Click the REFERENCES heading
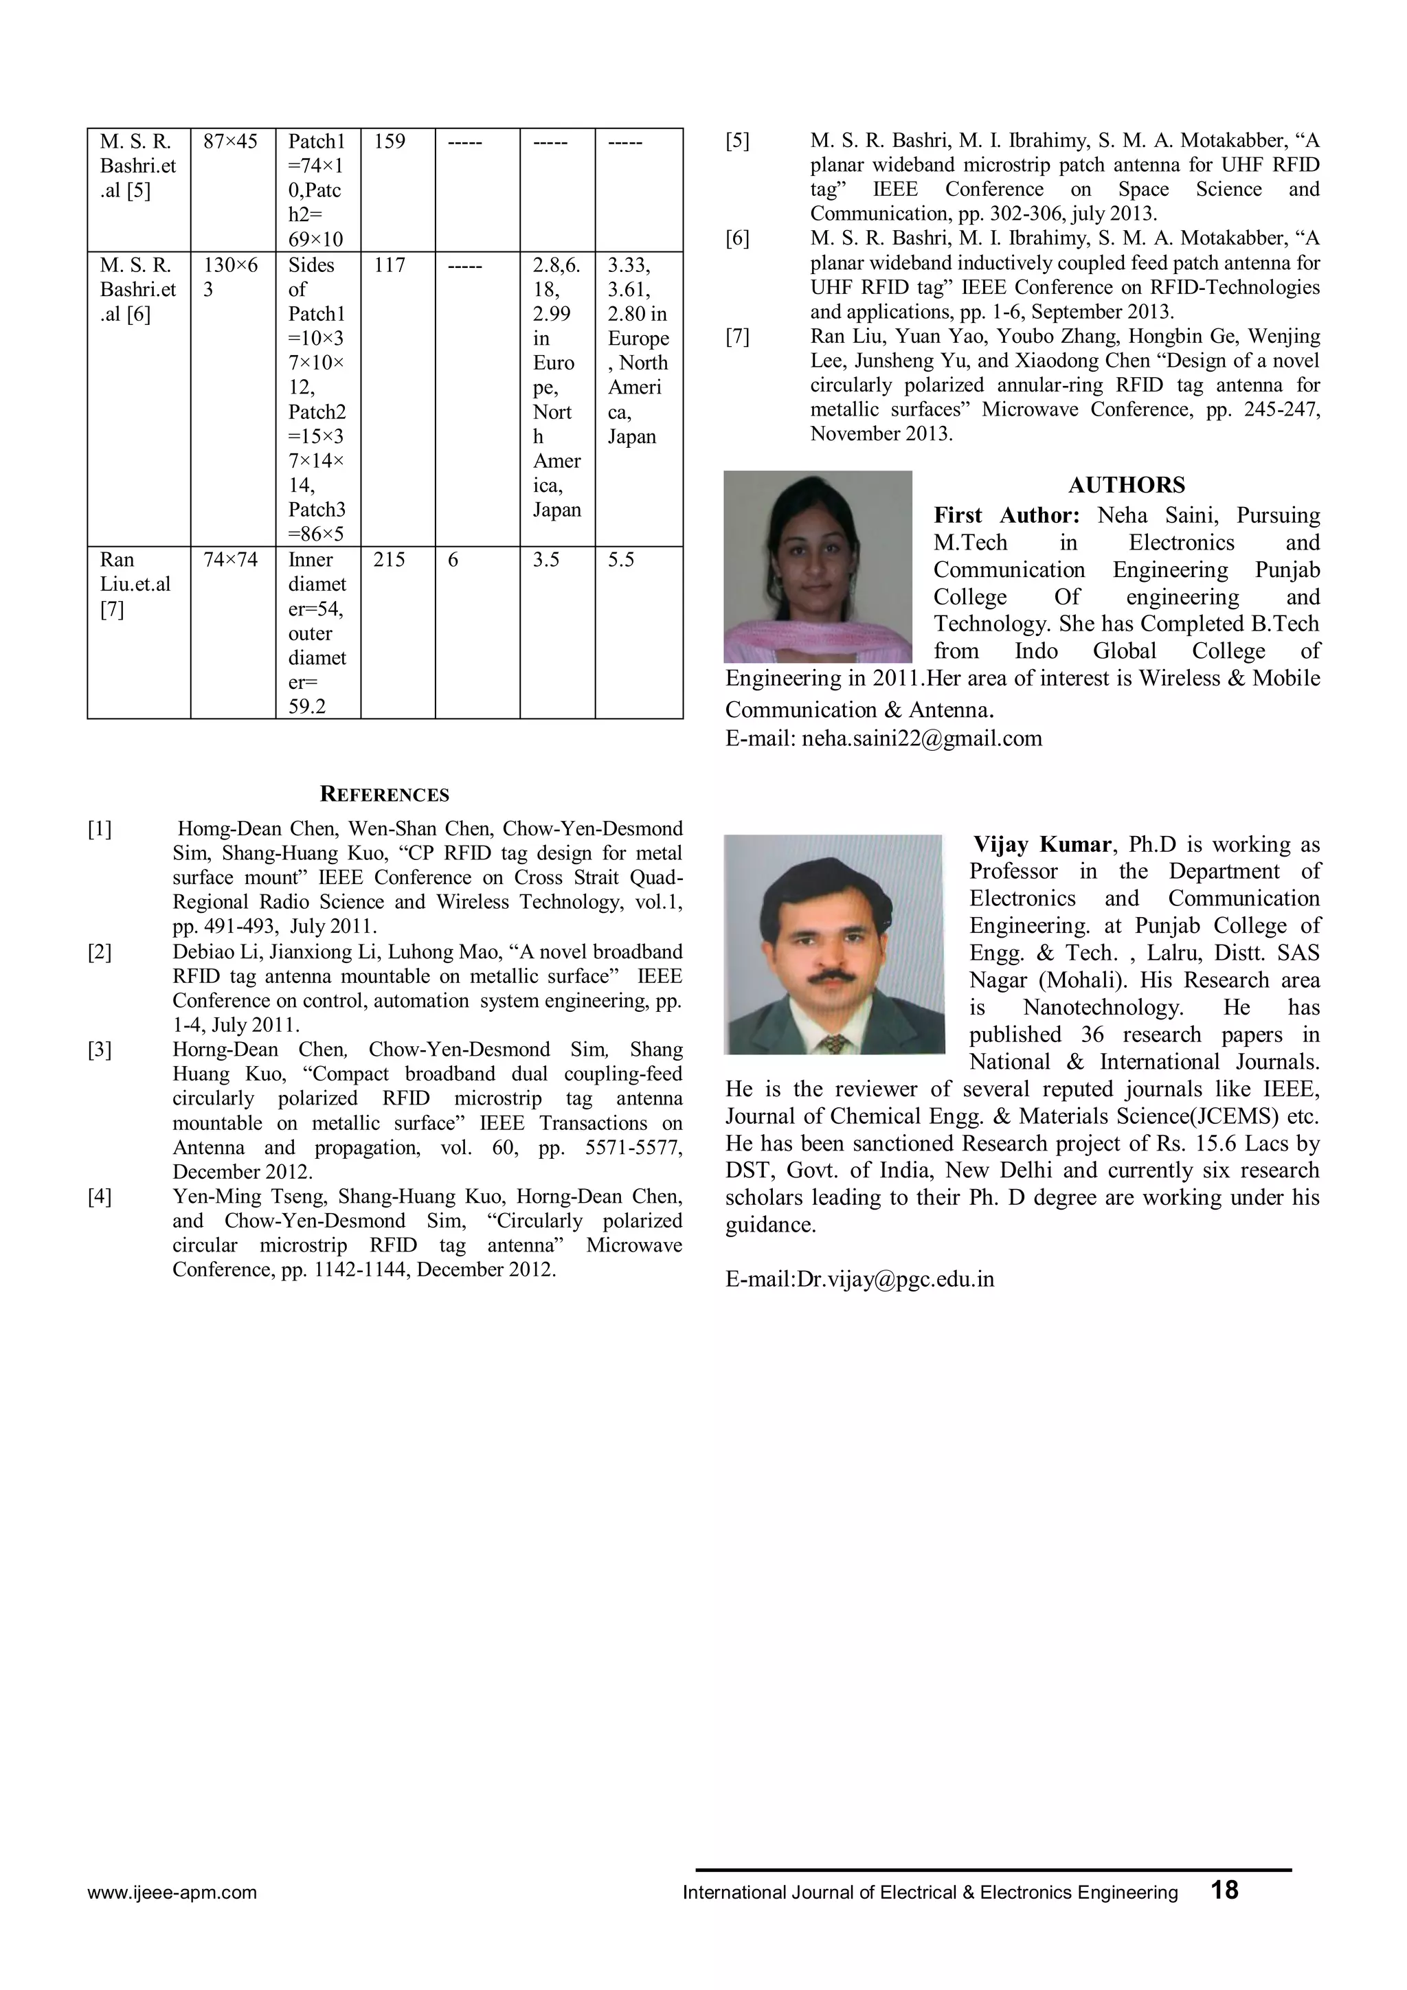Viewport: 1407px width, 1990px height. click(x=384, y=795)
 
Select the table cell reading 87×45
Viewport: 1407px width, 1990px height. click(x=231, y=142)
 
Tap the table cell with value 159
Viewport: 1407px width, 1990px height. click(x=390, y=142)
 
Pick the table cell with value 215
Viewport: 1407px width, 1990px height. click(x=390, y=560)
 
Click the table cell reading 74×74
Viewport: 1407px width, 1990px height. click(x=231, y=560)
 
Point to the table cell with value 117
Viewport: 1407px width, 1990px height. click(x=390, y=265)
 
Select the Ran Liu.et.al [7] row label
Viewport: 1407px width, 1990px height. click(x=135, y=584)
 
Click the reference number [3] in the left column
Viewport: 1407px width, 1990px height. click(x=100, y=1050)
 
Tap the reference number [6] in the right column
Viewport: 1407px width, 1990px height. click(x=737, y=238)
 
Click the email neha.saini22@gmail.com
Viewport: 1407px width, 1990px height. click(x=921, y=738)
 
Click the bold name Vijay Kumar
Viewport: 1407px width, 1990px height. click(x=1041, y=844)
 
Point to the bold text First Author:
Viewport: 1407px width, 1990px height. click(x=1006, y=516)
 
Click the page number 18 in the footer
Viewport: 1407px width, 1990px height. click(x=1224, y=1890)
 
